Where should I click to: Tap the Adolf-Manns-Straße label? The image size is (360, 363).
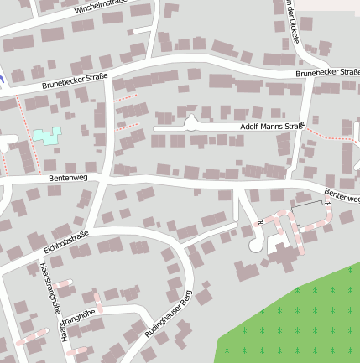[270, 127]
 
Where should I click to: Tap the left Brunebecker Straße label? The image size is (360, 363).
[76, 81]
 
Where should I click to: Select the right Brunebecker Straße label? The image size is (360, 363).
[326, 74]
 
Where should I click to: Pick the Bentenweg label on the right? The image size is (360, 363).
[342, 195]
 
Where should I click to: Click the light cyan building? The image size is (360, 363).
[47, 135]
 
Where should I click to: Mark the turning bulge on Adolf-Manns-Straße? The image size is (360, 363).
[191, 122]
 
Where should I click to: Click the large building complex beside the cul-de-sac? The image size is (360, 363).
[285, 252]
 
